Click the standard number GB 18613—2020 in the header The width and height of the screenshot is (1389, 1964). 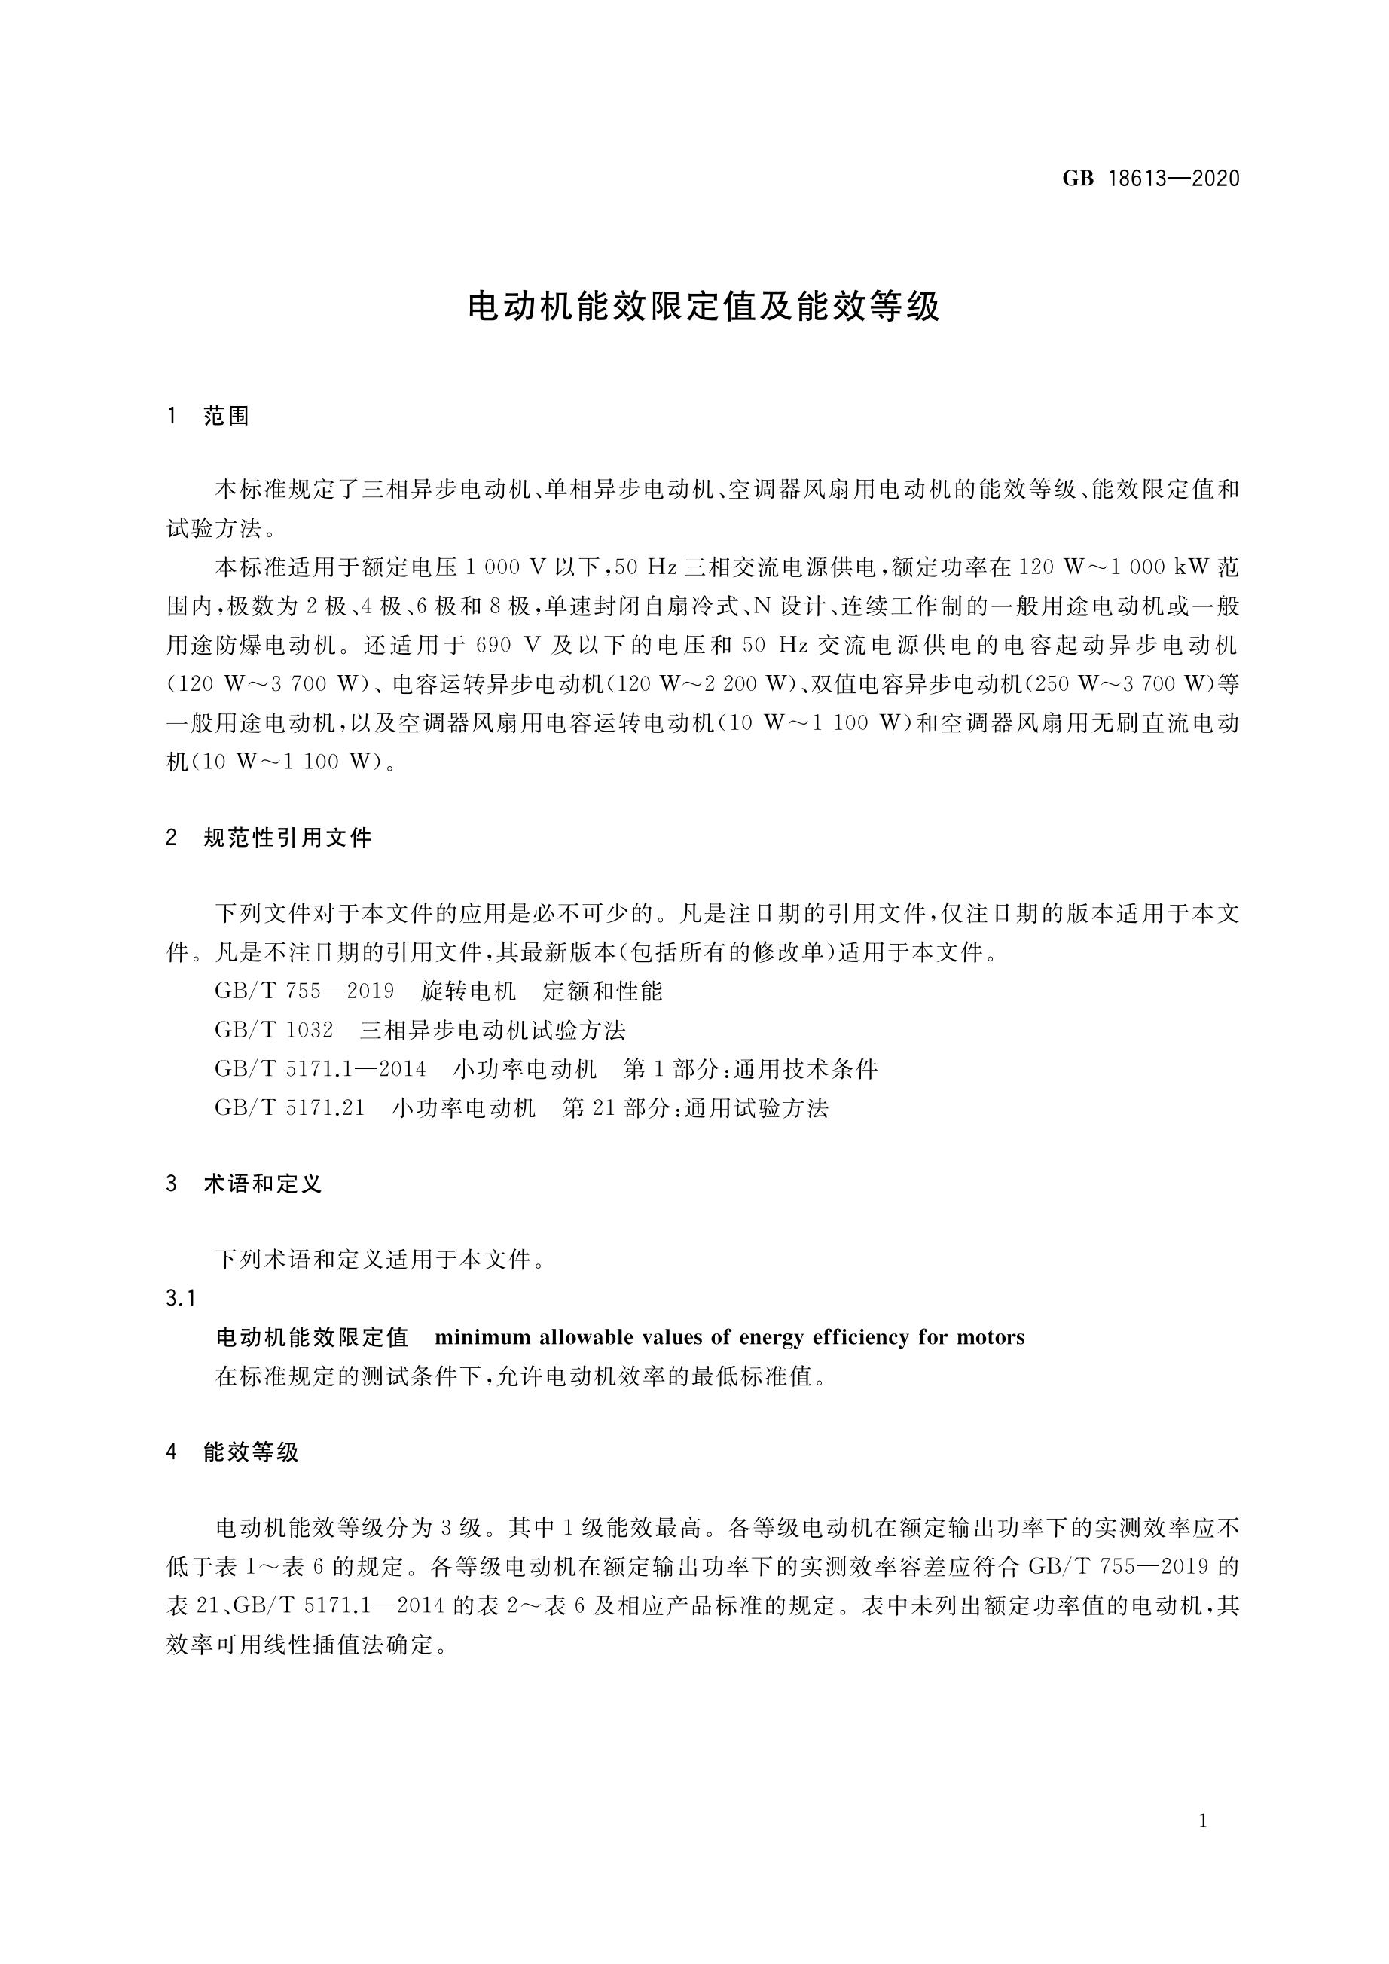tap(1150, 179)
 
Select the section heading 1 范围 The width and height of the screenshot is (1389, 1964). tap(208, 417)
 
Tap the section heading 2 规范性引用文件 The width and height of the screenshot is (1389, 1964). tap(269, 838)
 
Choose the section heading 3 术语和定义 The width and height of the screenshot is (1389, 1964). tap(244, 1184)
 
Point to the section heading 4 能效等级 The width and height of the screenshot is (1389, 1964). tap(232, 1452)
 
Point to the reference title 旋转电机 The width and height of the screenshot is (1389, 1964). tap(469, 991)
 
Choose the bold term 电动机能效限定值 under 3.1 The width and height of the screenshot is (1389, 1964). tap(312, 1337)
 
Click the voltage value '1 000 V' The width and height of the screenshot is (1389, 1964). tap(505, 567)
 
